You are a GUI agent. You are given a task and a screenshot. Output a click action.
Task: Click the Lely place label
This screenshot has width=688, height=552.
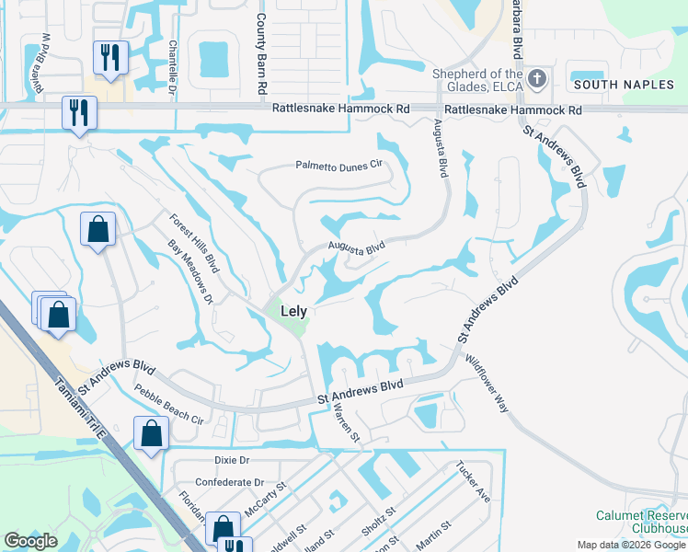[x=293, y=312]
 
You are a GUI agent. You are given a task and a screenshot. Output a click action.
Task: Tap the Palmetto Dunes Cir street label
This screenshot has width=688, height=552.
[x=338, y=166]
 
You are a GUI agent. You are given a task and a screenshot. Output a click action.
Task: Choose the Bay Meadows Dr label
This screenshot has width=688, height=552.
[x=190, y=273]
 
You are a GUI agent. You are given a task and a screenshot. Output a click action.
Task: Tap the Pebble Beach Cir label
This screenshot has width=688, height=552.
[x=169, y=404]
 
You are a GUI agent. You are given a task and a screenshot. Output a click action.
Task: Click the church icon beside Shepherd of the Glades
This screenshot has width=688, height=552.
[x=538, y=80]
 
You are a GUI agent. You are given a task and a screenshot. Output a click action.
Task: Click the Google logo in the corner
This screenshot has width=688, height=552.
[x=30, y=540]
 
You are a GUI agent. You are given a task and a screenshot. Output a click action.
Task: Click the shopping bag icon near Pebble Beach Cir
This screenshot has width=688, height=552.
[x=151, y=434]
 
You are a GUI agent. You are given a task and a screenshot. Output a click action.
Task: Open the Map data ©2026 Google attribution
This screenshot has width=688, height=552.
[x=630, y=545]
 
